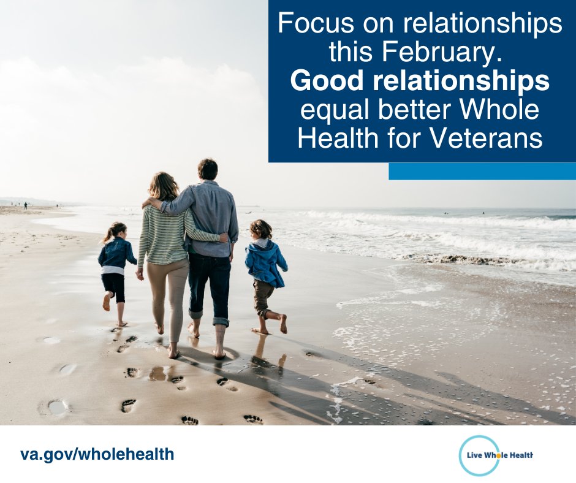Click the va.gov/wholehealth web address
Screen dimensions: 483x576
pyautogui.click(x=97, y=454)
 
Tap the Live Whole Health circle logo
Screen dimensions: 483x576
pyautogui.click(x=480, y=455)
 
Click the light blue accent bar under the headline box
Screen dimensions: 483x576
pyautogui.click(x=482, y=171)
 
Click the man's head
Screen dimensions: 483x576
pyautogui.click(x=207, y=169)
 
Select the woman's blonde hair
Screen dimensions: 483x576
pyautogui.click(x=163, y=186)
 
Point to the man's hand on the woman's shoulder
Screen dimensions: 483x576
pyautogui.click(x=150, y=203)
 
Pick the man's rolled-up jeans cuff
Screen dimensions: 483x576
pyautogui.click(x=221, y=320)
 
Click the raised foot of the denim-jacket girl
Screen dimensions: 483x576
pyautogui.click(x=107, y=302)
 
